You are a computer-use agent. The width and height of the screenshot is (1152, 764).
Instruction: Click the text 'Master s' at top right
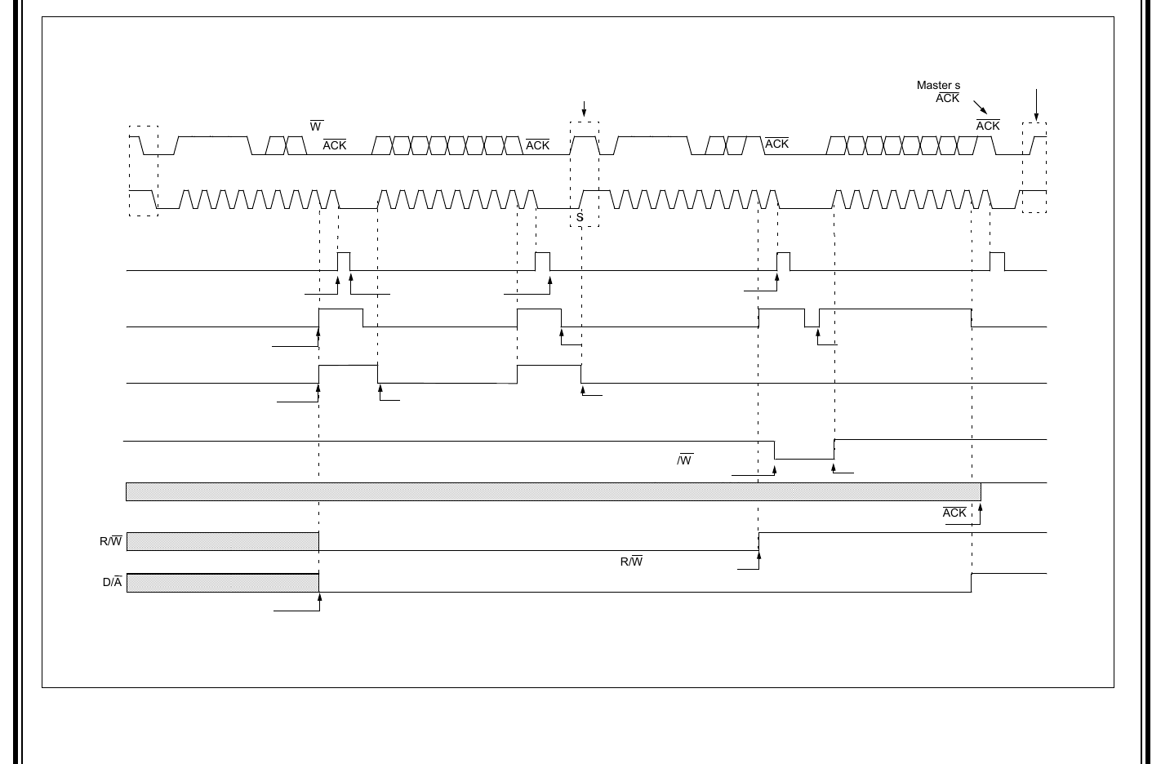coord(938,86)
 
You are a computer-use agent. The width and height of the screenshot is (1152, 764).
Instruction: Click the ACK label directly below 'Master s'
coord(948,98)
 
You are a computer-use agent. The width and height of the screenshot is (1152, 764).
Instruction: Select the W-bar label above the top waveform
coord(316,127)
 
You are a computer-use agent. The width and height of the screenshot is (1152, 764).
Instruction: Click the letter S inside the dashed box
coord(580,218)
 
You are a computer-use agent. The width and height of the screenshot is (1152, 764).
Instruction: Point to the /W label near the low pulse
coord(684,460)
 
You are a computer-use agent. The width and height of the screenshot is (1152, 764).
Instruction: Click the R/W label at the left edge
coord(111,541)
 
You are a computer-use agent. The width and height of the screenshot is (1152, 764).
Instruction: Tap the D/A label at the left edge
coord(112,583)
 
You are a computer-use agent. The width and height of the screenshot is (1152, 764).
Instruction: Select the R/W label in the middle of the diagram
coord(631,562)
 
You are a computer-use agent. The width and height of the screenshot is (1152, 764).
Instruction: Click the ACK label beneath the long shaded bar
coord(954,513)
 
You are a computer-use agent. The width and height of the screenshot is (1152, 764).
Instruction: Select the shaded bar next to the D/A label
coord(222,583)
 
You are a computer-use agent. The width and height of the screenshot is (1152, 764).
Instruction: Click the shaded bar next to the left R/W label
coord(222,541)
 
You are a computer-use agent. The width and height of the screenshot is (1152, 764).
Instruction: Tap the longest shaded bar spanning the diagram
coord(553,491)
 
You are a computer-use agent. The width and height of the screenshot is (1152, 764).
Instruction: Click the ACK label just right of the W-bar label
coord(335,145)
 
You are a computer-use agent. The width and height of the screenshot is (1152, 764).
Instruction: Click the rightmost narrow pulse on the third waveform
coord(997,261)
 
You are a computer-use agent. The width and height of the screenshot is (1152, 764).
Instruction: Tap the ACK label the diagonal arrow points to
coord(988,126)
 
